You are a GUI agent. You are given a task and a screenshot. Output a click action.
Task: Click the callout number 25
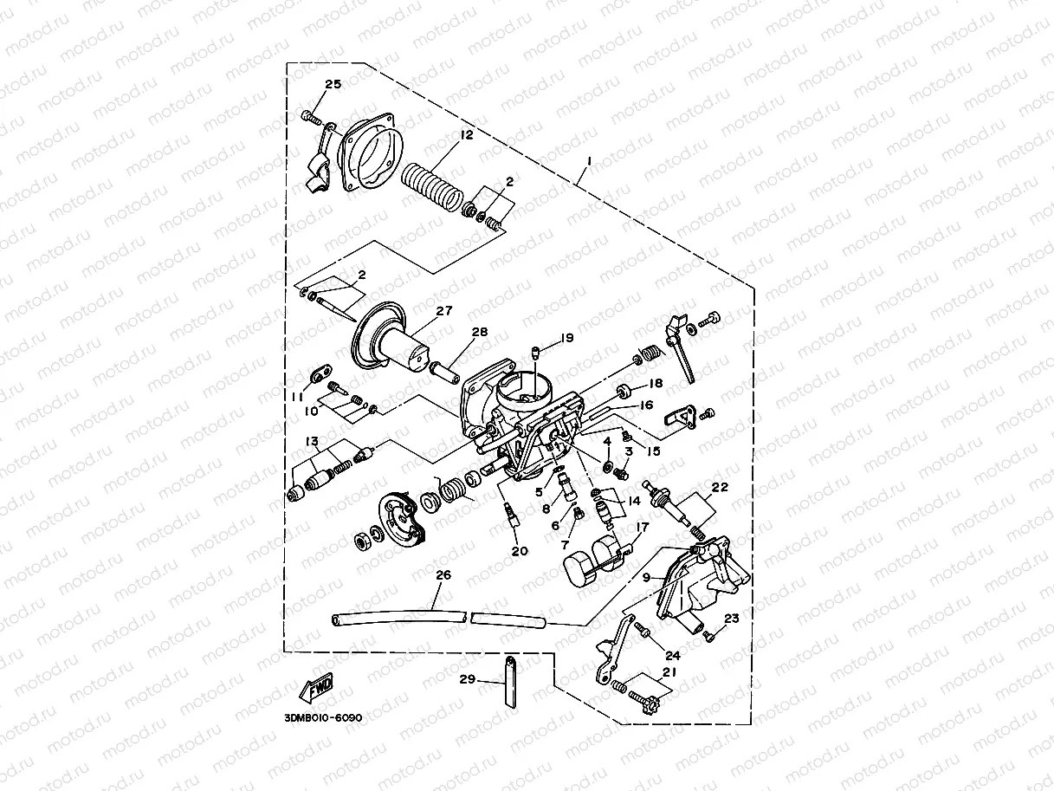[x=333, y=84]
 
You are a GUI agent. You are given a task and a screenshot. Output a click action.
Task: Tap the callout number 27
[x=444, y=312]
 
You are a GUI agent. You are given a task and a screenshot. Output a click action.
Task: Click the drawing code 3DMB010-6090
[x=322, y=718]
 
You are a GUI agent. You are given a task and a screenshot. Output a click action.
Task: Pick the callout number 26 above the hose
[x=443, y=574]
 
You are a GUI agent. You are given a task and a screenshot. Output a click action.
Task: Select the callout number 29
[x=468, y=680]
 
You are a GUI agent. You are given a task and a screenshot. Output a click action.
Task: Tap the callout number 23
[x=732, y=619]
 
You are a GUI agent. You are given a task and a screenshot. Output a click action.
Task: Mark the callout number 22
[x=721, y=488]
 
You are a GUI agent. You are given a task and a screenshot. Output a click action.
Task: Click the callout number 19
[x=567, y=337]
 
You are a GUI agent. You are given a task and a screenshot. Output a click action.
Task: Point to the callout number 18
[x=655, y=383]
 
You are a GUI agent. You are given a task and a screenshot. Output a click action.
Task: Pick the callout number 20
[x=519, y=551]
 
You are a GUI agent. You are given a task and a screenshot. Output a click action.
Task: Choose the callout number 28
[x=480, y=333]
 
